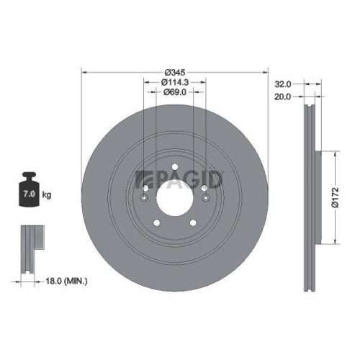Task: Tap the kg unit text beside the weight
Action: tap(48, 195)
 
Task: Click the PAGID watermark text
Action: tap(184, 176)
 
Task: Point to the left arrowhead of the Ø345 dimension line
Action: tap(84, 72)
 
